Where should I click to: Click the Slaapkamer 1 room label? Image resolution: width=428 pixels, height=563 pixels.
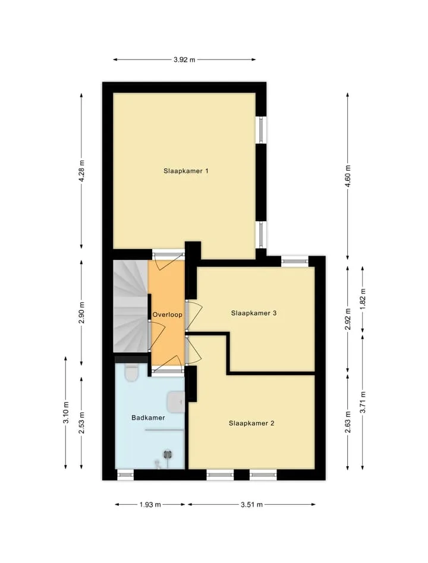click(185, 171)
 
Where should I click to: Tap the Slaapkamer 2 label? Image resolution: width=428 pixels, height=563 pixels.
click(251, 423)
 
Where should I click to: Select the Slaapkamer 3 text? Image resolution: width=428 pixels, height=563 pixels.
click(253, 313)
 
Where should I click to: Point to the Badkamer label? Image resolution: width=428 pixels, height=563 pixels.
click(148, 417)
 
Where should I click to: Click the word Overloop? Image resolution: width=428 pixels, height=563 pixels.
click(167, 314)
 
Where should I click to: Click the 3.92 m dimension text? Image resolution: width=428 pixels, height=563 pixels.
click(184, 60)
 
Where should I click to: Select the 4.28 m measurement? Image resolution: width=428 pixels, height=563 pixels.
click(82, 171)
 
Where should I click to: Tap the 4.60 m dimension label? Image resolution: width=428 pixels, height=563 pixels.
click(348, 176)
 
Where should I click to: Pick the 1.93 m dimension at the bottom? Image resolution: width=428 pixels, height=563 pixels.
click(150, 505)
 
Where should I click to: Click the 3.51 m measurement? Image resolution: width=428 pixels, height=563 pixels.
click(251, 505)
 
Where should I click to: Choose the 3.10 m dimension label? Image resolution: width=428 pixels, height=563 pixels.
click(66, 413)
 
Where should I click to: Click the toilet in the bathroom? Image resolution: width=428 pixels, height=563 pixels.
click(131, 373)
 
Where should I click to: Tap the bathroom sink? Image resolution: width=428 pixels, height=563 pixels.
click(177, 401)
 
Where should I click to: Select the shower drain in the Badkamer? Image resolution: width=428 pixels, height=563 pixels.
click(168, 455)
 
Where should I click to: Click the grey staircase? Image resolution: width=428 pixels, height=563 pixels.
click(131, 306)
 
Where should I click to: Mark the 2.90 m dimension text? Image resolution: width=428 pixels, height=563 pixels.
click(82, 312)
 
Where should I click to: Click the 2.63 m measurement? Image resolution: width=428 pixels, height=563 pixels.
click(348, 422)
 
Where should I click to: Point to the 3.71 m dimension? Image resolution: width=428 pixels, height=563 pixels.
click(363, 402)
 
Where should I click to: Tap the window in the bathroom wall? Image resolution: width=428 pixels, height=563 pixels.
click(125, 476)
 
